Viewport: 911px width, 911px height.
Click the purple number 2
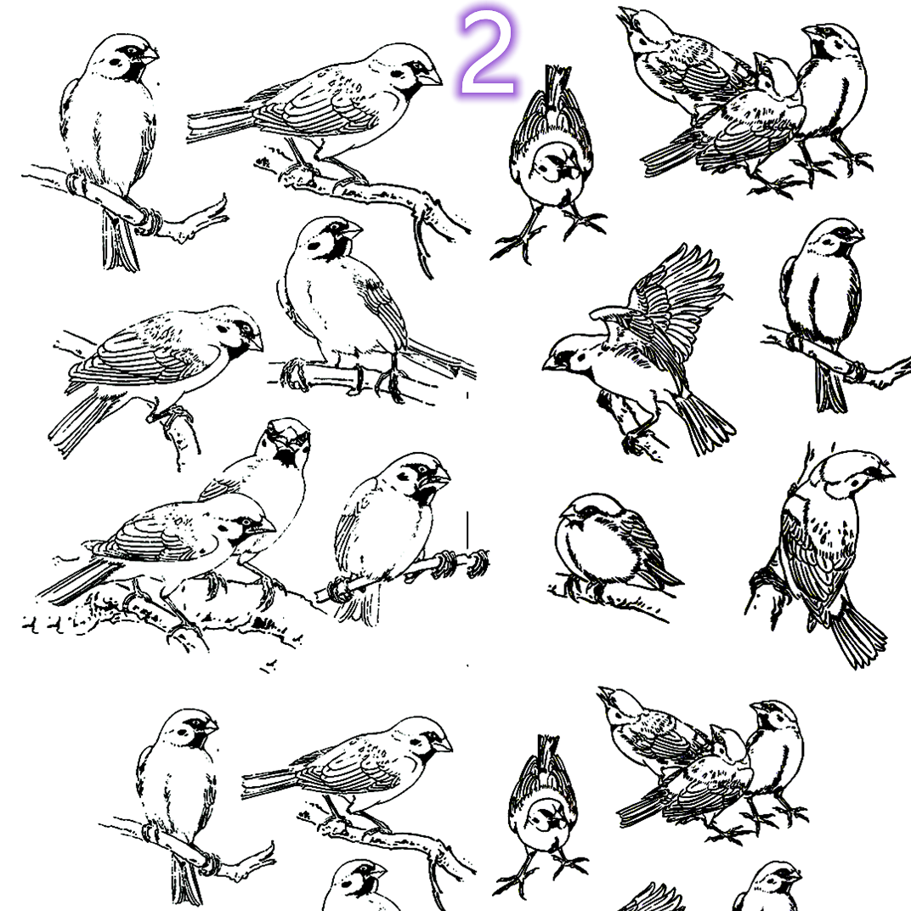pos(488,54)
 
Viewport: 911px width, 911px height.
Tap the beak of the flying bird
pos(550,364)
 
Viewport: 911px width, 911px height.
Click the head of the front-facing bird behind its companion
pos(287,439)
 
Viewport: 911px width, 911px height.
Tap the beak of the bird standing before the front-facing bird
pos(265,526)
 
